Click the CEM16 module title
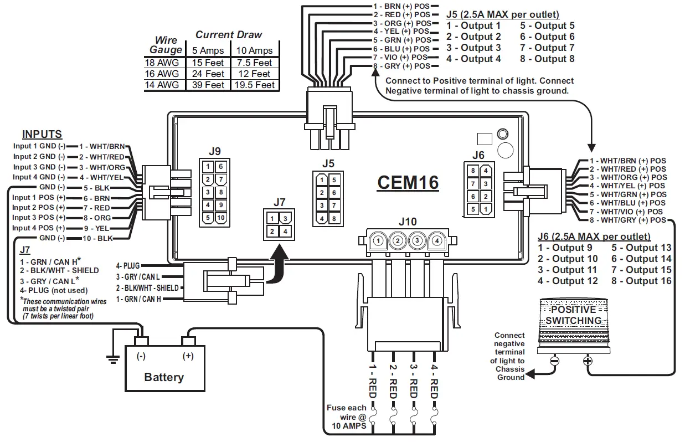pyautogui.click(x=408, y=182)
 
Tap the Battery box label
pyautogui.click(x=163, y=377)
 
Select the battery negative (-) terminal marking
pyautogui.click(x=141, y=356)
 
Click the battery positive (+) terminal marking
pyautogui.click(x=188, y=356)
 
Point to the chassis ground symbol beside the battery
pyautogui.click(x=113, y=359)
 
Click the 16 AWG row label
pyautogui.click(x=161, y=74)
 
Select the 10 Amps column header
pyautogui.click(x=253, y=51)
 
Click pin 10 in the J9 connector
pyautogui.click(x=220, y=217)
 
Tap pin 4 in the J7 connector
pyautogui.click(x=285, y=231)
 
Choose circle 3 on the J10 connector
pyautogui.click(x=417, y=241)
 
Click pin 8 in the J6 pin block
pyautogui.click(x=473, y=171)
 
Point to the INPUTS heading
pyautogui.click(x=42, y=135)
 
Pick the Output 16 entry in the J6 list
pyautogui.click(x=641, y=281)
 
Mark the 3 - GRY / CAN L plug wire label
pyautogui.click(x=137, y=276)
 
